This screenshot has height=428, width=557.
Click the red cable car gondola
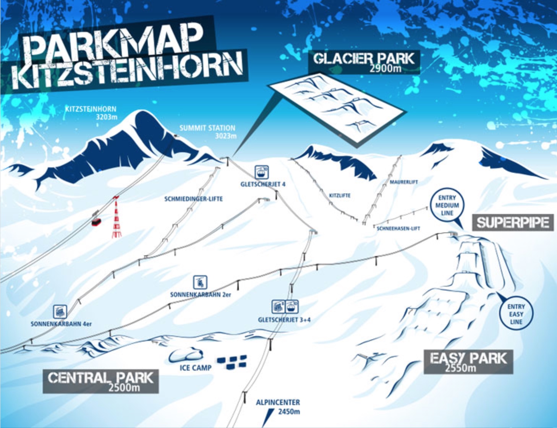[96, 221]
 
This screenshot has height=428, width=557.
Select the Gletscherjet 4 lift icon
[262, 172]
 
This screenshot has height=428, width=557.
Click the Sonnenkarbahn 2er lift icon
[200, 282]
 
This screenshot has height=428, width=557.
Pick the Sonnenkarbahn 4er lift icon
[60, 311]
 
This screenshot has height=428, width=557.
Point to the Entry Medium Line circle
[447, 206]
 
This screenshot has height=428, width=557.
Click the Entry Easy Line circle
[516, 314]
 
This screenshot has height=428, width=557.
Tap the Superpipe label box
[513, 222]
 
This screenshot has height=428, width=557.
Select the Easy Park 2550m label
[468, 362]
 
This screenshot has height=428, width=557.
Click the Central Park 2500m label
[100, 381]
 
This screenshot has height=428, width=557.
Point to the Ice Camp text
[195, 368]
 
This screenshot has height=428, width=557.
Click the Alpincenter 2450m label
[278, 407]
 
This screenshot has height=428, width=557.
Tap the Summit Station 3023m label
[207, 131]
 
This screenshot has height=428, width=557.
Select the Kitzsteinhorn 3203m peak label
[91, 113]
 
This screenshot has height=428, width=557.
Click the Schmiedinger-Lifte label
[193, 199]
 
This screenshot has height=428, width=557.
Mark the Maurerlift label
[403, 182]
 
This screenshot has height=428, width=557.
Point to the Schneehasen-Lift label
[398, 229]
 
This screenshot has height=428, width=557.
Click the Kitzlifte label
[340, 195]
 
